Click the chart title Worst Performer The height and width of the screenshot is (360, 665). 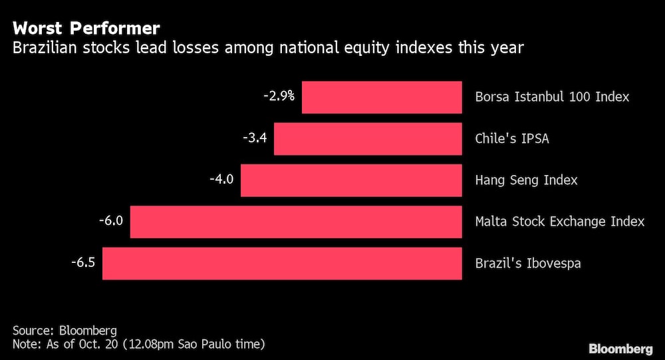tap(86, 29)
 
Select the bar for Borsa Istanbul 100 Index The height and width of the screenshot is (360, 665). tap(382, 97)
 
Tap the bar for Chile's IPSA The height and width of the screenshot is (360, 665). tap(368, 139)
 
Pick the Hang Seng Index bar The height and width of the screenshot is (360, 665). tap(351, 180)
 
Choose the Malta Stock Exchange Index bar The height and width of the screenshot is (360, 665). tap(296, 222)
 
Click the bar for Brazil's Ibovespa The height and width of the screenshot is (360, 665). tap(282, 264)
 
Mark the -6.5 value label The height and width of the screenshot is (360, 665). tap(84, 262)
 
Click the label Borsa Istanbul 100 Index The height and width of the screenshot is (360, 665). tap(552, 97)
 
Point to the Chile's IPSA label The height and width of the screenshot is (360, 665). tap(512, 139)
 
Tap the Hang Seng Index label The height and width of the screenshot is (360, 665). tap(526, 180)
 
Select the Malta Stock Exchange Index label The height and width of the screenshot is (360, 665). tap(560, 222)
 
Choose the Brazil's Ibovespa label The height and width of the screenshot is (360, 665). tap(528, 264)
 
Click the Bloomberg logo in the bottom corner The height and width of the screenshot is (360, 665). tap(620, 349)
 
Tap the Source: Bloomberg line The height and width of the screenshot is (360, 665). tap(65, 331)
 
